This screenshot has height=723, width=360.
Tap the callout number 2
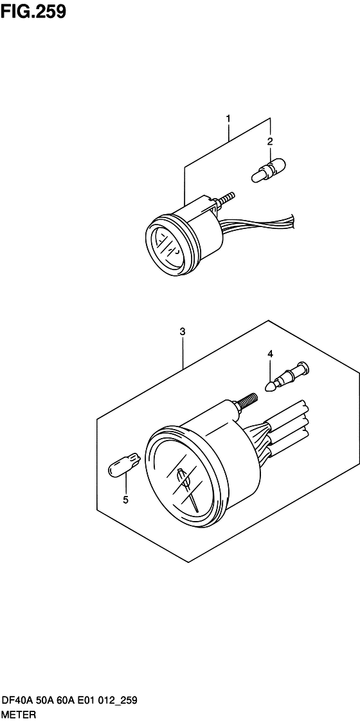click(x=270, y=141)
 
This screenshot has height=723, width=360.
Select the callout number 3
click(x=183, y=331)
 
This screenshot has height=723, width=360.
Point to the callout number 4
click(x=270, y=354)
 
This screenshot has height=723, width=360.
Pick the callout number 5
click(x=125, y=500)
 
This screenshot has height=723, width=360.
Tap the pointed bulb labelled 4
click(x=289, y=377)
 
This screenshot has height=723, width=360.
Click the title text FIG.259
click(x=33, y=12)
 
